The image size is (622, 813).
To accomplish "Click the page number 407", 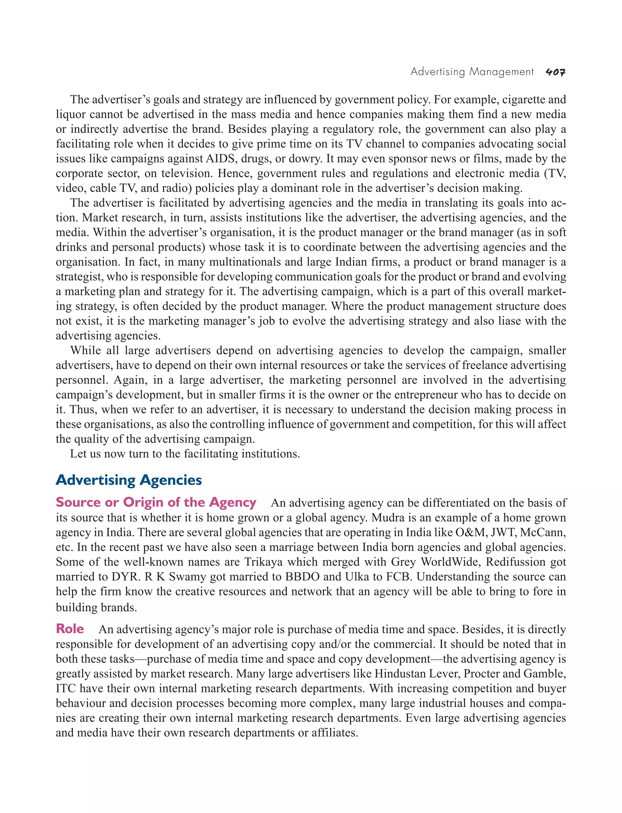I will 555,72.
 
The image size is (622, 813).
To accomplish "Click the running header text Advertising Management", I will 472,72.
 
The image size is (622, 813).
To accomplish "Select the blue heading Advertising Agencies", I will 128,480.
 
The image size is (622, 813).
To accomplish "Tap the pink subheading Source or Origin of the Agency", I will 156,502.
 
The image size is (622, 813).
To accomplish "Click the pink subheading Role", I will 70,629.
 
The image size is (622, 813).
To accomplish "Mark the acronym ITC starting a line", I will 66,688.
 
